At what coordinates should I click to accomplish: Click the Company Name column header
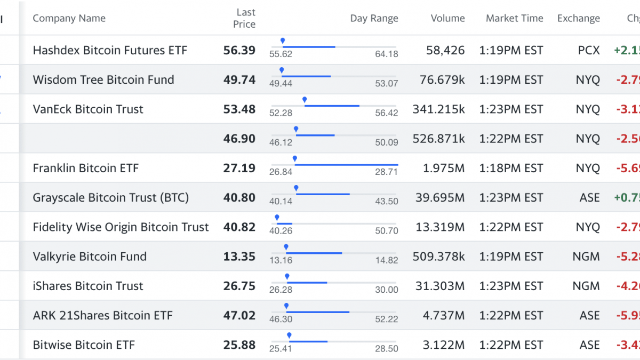[x=69, y=18]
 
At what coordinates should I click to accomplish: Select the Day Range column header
[x=374, y=18]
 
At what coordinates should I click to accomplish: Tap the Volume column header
[x=447, y=18]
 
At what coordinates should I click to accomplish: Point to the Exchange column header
[x=578, y=18]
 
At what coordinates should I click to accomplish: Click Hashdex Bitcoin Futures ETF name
[x=110, y=50]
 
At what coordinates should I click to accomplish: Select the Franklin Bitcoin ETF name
[x=85, y=168]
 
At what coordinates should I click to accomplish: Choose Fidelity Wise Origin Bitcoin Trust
[x=121, y=227]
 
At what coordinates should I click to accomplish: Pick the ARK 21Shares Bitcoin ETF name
[x=102, y=315]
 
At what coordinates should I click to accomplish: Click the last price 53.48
[x=239, y=109]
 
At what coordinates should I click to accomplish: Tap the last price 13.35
[x=239, y=257]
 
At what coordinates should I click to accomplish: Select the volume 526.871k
[x=438, y=139]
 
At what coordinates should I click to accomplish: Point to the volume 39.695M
[x=440, y=198]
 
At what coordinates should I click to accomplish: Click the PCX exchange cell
[x=588, y=50]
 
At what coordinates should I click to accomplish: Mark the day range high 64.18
[x=387, y=54]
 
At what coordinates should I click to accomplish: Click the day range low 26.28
[x=281, y=290]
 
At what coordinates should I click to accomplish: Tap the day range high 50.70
[x=387, y=231]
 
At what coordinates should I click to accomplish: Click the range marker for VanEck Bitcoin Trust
[x=305, y=100]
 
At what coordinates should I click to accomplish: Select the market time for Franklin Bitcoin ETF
[x=511, y=168]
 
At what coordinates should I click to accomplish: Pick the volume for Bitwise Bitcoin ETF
[x=443, y=345]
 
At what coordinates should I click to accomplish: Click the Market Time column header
[x=514, y=18]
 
